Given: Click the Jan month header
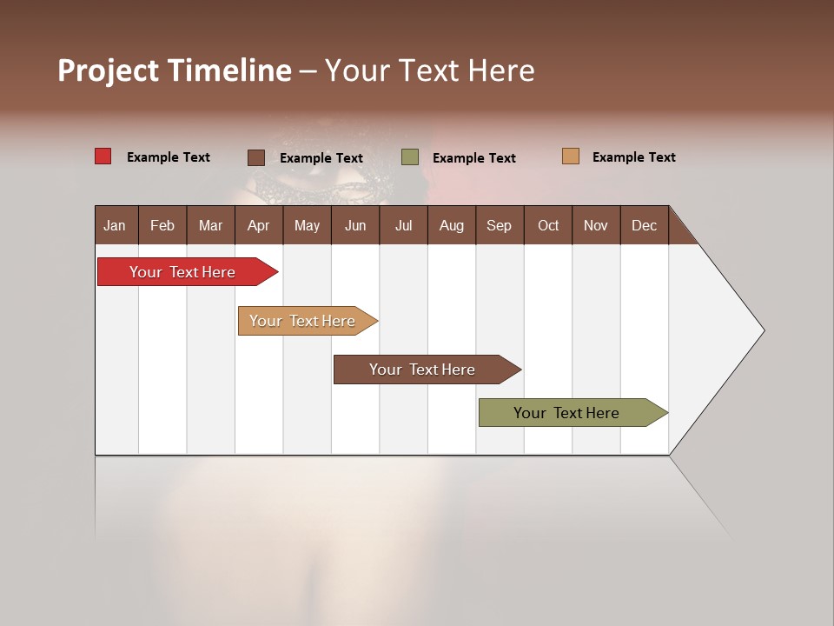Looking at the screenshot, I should click(x=115, y=226).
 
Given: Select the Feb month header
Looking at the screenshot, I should click(x=162, y=226).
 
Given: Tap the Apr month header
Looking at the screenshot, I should click(x=258, y=226).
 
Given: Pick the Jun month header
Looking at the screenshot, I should click(x=355, y=226).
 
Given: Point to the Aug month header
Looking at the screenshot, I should click(x=451, y=226).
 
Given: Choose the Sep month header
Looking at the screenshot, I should click(x=499, y=226).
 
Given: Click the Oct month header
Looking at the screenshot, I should click(x=548, y=226).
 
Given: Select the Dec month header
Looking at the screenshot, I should click(x=644, y=226).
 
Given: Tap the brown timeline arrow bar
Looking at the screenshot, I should click(x=423, y=370).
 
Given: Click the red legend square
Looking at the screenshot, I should click(x=103, y=156).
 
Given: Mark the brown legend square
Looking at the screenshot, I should click(x=255, y=157).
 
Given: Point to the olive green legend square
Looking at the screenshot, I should click(x=410, y=157).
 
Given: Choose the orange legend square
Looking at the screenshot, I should click(x=570, y=156).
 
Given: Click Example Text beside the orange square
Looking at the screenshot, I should click(x=633, y=157).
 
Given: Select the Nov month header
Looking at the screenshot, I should click(x=595, y=226).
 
